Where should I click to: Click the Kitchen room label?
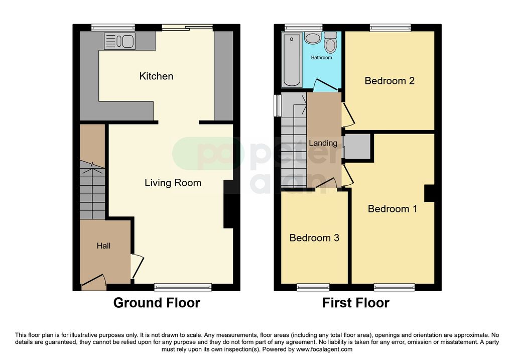coord(156,76)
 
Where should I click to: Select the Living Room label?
coord(173,183)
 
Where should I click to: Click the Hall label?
coord(103,246)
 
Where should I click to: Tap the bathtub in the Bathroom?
coord(292,60)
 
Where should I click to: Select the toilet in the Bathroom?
coord(330,44)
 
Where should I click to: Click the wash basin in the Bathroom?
coord(312,39)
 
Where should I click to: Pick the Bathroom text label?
coord(321,58)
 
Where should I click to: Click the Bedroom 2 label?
coord(390,81)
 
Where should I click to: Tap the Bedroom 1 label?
coord(393,209)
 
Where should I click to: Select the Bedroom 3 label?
coord(314,238)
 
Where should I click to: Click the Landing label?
coord(323,143)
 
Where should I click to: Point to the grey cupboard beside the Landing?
coord(357,147)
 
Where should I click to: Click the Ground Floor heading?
coord(157,303)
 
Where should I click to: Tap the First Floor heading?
coord(355,303)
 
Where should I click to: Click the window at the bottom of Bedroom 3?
coord(313,287)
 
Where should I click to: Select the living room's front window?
coord(183,287)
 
